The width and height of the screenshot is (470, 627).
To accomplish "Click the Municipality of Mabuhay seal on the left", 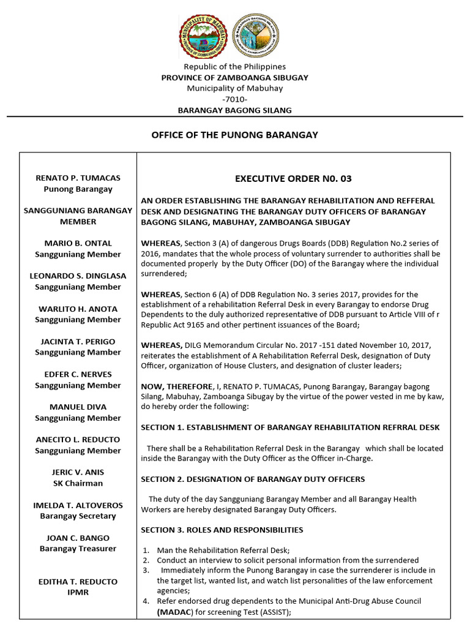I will pyautogui.click(x=204, y=37).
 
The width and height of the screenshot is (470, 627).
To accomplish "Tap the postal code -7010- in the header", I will pyautogui.click(x=234, y=99).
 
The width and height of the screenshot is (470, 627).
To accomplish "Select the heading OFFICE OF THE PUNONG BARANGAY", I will pyautogui.click(x=234, y=135).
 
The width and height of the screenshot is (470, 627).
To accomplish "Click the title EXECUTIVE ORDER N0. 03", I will pyautogui.click(x=294, y=179).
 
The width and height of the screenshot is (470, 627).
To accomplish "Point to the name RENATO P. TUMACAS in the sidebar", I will pyautogui.click(x=78, y=178).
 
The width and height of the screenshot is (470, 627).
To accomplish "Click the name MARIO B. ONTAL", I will pyautogui.click(x=78, y=244).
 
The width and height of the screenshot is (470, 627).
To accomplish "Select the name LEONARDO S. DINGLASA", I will pyautogui.click(x=78, y=276).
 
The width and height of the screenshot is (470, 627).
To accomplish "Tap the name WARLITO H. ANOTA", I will pyautogui.click(x=78, y=309).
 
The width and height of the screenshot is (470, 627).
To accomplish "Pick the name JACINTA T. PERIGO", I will pyautogui.click(x=78, y=342).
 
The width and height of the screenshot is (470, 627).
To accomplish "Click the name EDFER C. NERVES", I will pyautogui.click(x=78, y=375).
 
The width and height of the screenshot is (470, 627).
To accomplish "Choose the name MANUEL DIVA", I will pyautogui.click(x=78, y=407).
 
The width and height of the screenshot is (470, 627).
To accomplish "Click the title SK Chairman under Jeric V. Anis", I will pyautogui.click(x=78, y=484).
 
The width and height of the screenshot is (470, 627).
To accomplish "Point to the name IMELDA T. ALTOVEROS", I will pyautogui.click(x=78, y=506).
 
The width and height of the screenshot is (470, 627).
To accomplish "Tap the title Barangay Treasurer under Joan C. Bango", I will pyautogui.click(x=78, y=549).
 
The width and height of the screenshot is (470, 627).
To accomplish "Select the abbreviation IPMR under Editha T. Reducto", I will pyautogui.click(x=78, y=593).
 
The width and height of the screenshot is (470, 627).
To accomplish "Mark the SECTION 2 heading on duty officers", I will pyautogui.click(x=253, y=479).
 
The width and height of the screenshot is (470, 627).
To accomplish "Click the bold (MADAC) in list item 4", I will pyautogui.click(x=176, y=612).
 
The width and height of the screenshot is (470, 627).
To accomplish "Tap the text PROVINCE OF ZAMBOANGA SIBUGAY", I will pyautogui.click(x=234, y=78).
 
